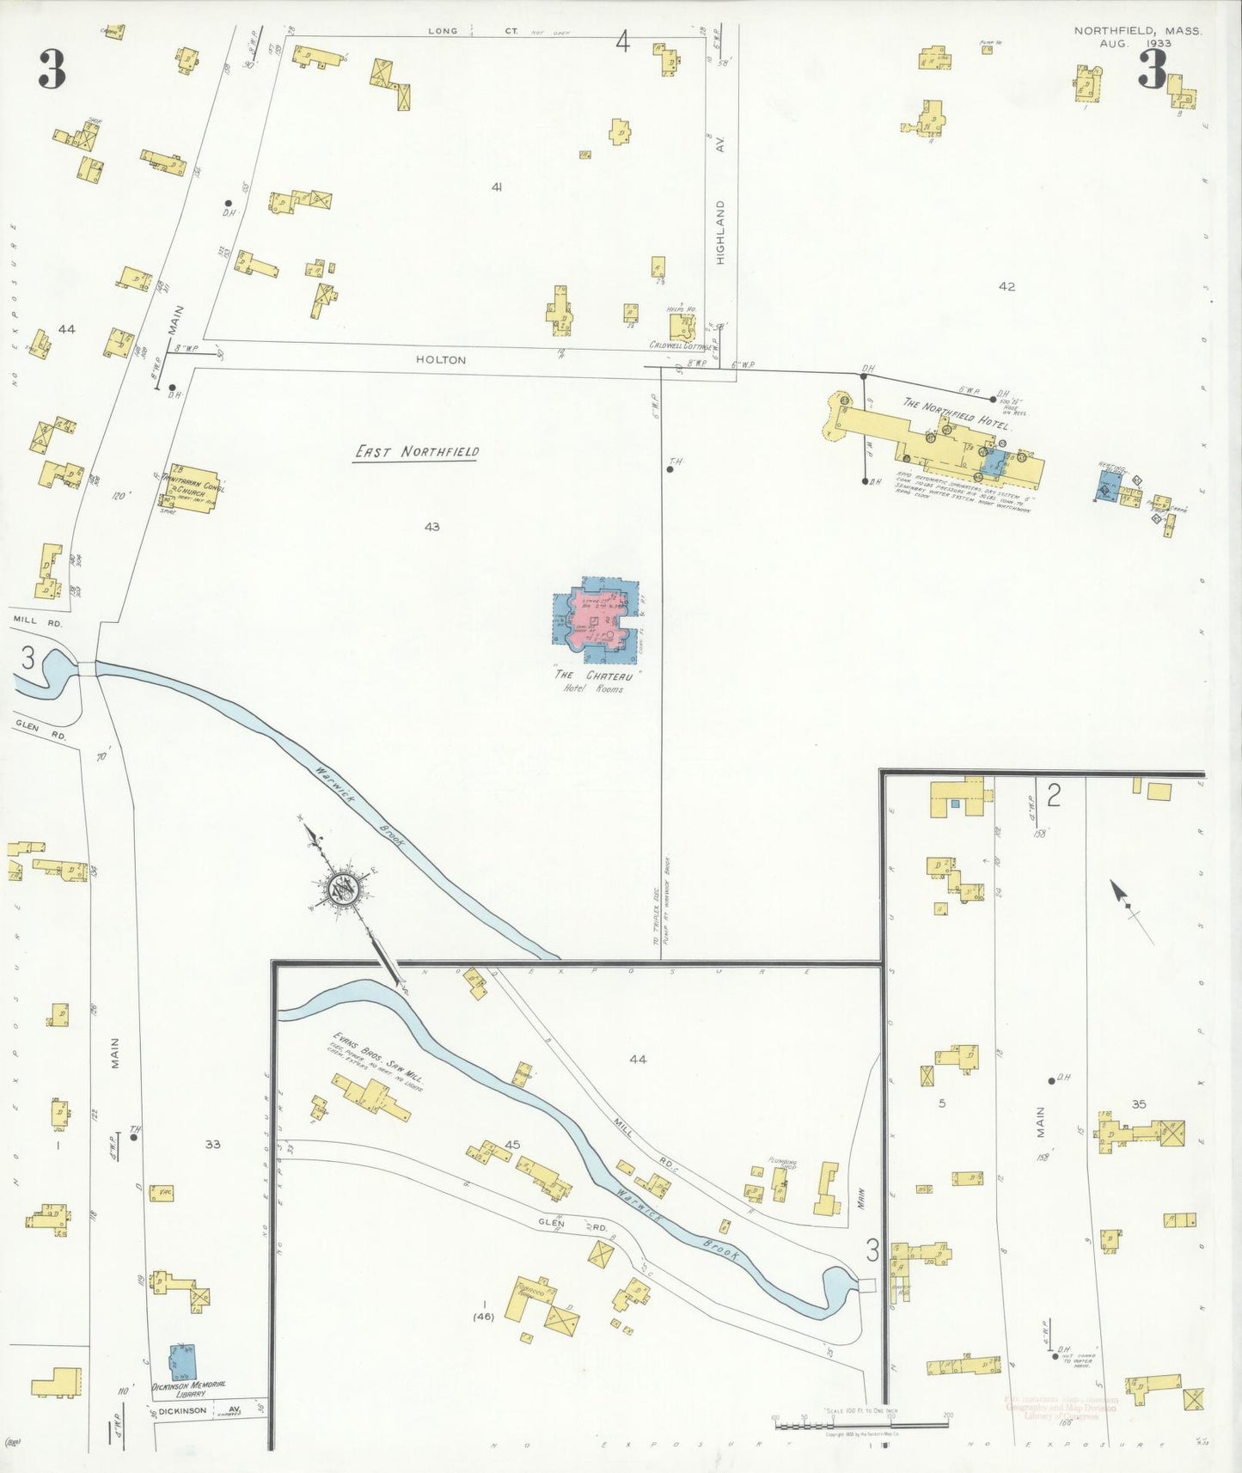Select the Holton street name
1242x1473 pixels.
click(x=441, y=360)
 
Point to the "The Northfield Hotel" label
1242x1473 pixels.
click(x=957, y=413)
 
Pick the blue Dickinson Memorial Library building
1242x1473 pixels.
click(x=182, y=1362)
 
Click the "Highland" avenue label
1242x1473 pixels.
click(x=720, y=232)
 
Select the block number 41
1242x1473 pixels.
click(x=496, y=187)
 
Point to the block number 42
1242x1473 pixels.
click(x=1006, y=287)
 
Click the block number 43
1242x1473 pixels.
click(x=431, y=527)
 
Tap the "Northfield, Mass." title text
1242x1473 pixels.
click(x=1137, y=31)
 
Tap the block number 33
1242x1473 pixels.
click(x=212, y=1144)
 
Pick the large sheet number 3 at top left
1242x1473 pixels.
click(x=52, y=70)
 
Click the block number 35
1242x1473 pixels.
click(x=1139, y=1104)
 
